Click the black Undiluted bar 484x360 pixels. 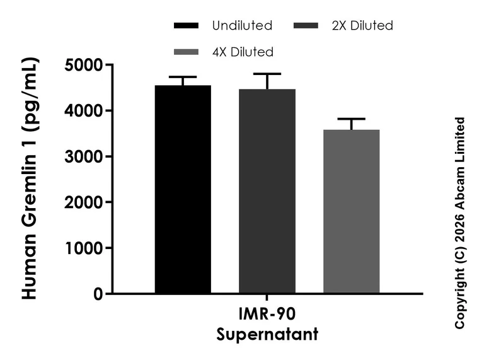[x=183, y=189]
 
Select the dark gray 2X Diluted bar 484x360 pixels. [x=267, y=191]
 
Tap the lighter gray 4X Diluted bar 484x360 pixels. [x=351, y=211]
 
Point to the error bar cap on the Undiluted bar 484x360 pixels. [x=183, y=76]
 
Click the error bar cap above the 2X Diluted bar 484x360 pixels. [x=267, y=74]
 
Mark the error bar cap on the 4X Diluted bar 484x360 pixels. [x=351, y=119]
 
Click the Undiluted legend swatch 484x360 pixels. [x=186, y=26]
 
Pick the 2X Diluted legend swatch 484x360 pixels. [x=306, y=26]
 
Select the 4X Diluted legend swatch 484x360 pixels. [x=186, y=52]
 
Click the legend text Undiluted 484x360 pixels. [x=242, y=26]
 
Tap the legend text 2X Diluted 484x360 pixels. [x=362, y=26]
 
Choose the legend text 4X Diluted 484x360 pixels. [x=243, y=52]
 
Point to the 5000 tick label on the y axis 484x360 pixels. [x=83, y=65]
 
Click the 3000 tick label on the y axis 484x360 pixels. [x=83, y=156]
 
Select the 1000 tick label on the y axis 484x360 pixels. [x=83, y=248]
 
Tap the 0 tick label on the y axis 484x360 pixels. [x=98, y=294]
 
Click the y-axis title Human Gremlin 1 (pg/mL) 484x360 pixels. [x=30, y=178]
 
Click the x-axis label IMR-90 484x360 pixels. [x=267, y=314]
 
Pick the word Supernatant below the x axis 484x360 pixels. [x=267, y=334]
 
